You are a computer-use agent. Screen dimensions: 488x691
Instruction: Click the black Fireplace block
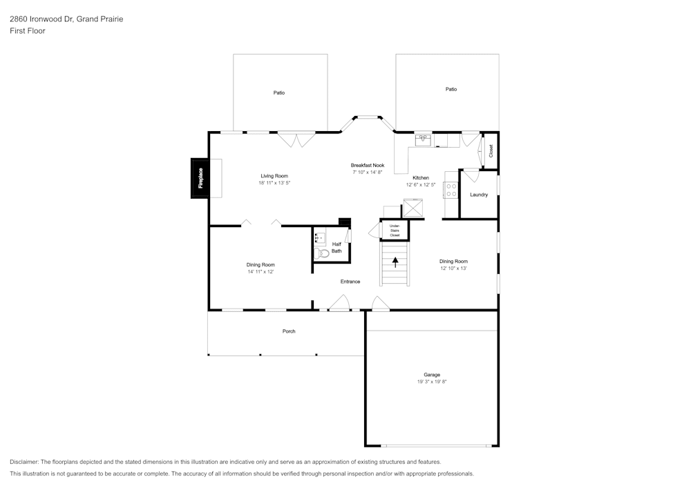(200, 178)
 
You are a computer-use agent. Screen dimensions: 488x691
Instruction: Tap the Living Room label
(274, 176)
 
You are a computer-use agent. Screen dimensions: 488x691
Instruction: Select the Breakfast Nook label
(368, 165)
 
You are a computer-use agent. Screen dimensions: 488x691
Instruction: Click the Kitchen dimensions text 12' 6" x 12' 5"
(421, 185)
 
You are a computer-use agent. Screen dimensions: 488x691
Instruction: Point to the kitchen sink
(423, 140)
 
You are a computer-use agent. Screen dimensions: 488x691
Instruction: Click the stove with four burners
(451, 189)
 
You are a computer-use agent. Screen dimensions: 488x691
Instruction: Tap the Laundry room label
(479, 195)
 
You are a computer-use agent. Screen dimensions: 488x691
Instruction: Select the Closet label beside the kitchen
(491, 150)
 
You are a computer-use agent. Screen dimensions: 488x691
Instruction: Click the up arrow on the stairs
(395, 262)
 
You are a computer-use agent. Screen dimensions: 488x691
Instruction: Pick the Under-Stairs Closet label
(395, 231)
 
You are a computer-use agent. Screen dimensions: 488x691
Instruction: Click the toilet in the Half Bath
(322, 253)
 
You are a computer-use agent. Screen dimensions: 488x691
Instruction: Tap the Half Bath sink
(320, 239)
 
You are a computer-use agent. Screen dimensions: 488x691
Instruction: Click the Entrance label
(350, 282)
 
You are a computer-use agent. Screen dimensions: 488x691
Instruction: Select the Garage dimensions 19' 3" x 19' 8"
(432, 382)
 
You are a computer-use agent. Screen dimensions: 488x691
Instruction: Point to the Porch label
(289, 331)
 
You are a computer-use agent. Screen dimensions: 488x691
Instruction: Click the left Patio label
(278, 92)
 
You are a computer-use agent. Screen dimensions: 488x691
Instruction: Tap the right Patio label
(451, 89)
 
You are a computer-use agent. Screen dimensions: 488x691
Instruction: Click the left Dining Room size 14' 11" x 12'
(261, 272)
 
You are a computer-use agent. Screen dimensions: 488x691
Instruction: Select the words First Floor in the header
(28, 31)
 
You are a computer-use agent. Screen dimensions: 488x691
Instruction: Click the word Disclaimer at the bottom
(25, 462)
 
